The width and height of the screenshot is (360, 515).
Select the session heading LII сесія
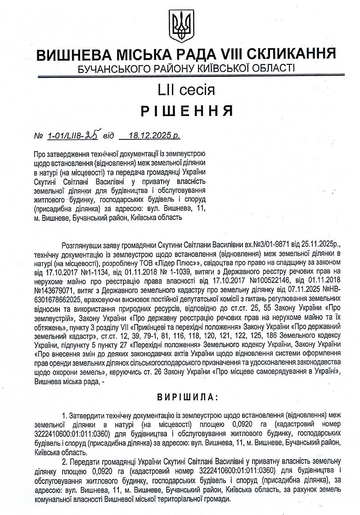pos(180,90)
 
